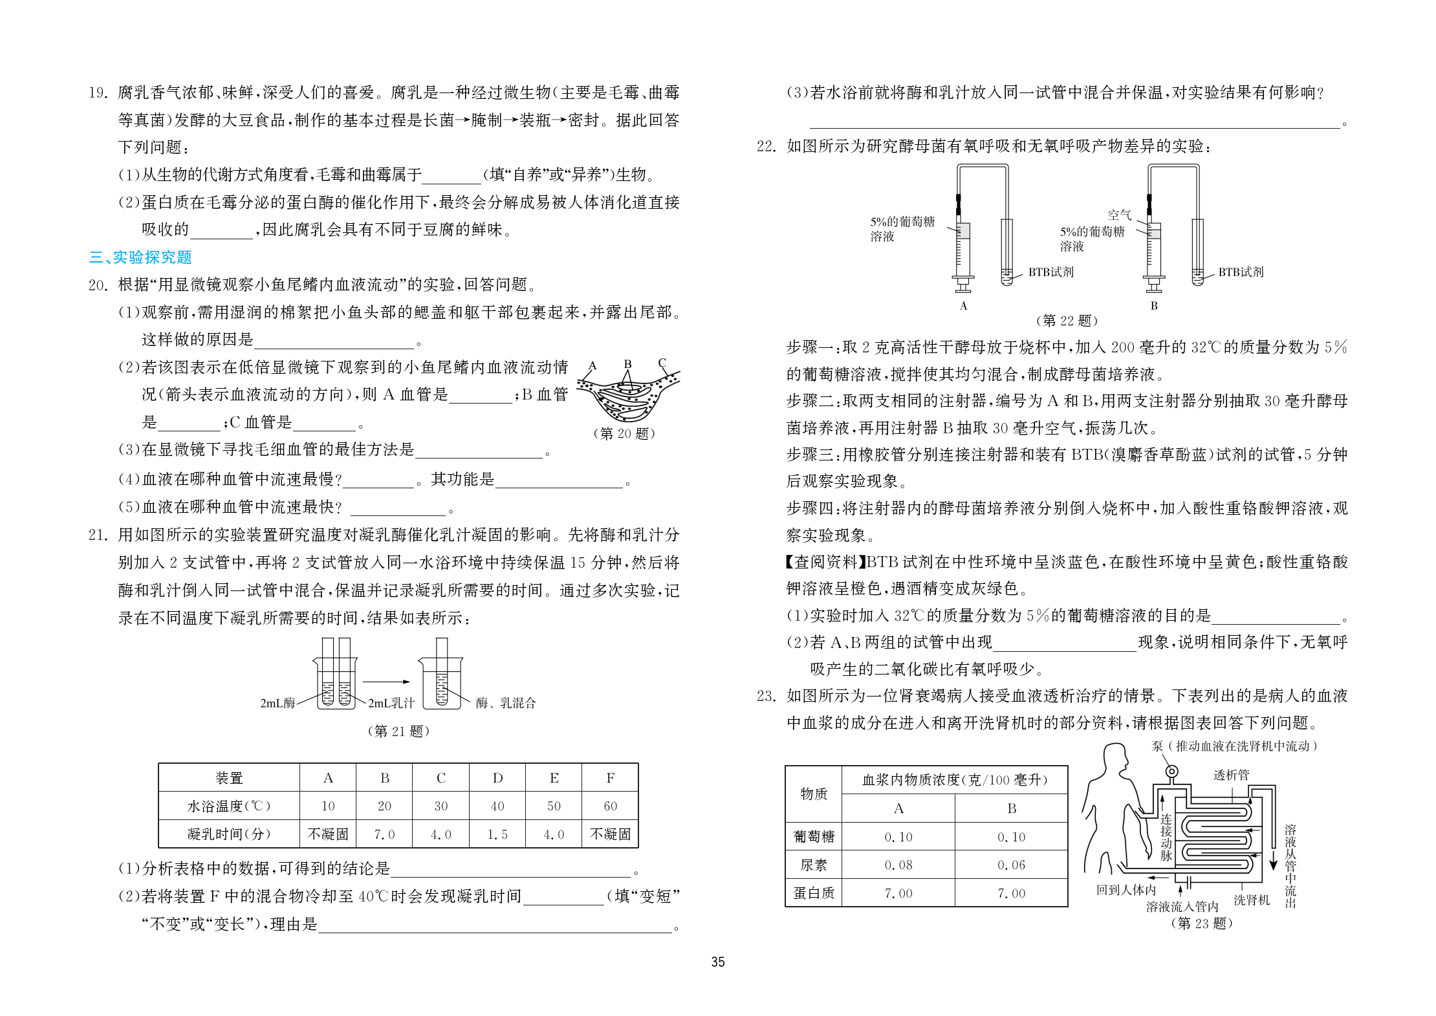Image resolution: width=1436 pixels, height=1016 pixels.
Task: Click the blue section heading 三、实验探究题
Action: pyautogui.click(x=140, y=257)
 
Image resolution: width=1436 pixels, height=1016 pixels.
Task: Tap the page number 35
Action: pyautogui.click(x=717, y=962)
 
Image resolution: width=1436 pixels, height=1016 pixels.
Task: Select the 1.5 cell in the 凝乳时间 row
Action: pyautogui.click(x=497, y=834)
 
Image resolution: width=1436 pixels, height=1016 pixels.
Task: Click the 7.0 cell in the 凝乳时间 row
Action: pyautogui.click(x=384, y=834)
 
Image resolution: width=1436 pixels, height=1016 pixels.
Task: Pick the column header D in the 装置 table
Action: pyautogui.click(x=497, y=778)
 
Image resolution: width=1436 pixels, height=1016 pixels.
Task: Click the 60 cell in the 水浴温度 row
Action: pyautogui.click(x=610, y=806)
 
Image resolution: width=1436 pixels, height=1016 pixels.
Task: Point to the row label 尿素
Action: pyautogui.click(x=813, y=865)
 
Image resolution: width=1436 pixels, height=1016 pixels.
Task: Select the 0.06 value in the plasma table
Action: pyautogui.click(x=1011, y=865)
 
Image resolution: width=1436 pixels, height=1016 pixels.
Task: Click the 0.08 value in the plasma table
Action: pyautogui.click(x=898, y=865)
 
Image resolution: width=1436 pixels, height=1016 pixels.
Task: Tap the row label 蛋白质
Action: pyautogui.click(x=813, y=893)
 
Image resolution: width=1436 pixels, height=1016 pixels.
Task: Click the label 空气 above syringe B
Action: pyautogui.click(x=1119, y=215)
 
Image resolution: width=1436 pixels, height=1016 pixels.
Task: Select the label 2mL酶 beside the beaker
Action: pyautogui.click(x=277, y=703)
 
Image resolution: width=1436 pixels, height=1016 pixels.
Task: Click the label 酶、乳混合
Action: pyautogui.click(x=506, y=703)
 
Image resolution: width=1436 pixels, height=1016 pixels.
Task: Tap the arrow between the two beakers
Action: pyautogui.click(x=386, y=682)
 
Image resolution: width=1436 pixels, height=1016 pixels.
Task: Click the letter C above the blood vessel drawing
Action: pyautogui.click(x=662, y=363)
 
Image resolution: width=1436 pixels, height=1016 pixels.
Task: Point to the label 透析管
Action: pyautogui.click(x=1231, y=775)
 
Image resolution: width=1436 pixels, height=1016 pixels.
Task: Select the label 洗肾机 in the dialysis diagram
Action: pyautogui.click(x=1251, y=900)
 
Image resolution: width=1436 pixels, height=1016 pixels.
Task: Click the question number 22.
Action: pyautogui.click(x=766, y=147)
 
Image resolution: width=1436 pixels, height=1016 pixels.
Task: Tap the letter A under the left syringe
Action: pyautogui.click(x=963, y=306)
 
